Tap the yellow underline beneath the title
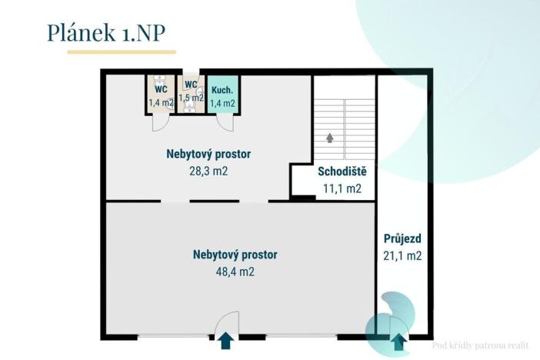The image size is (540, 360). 122,52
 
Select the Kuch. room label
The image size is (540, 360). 222,89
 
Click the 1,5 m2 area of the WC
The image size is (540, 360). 191,98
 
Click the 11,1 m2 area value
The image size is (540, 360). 342,188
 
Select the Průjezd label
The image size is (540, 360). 401,240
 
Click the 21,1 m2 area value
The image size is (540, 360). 402,257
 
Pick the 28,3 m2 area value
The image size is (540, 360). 208,171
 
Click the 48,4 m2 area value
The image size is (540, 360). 235,272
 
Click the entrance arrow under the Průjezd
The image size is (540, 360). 398,342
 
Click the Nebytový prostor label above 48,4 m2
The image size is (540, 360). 235,255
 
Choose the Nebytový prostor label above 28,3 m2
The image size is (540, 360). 208,154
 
